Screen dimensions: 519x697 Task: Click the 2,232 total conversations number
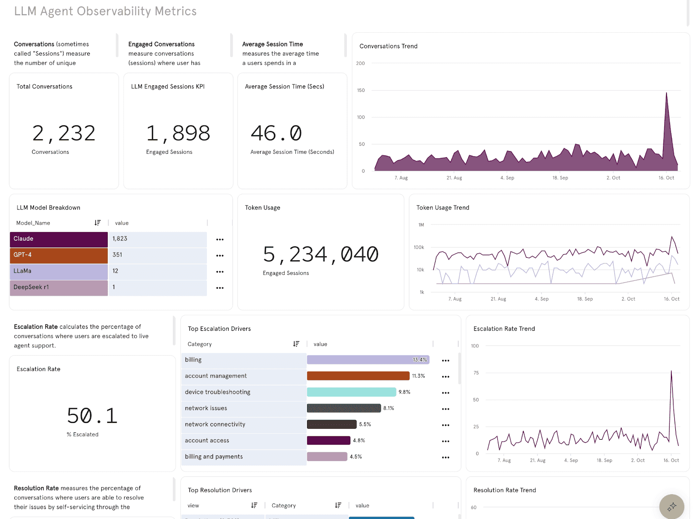coord(64,133)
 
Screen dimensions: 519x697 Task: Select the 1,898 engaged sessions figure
coord(178,133)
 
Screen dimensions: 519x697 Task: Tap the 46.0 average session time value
coord(276,133)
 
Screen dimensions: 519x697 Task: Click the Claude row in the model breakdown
coord(58,239)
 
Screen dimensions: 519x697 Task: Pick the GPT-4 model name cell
coord(58,255)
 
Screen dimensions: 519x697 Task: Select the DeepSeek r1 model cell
coord(58,287)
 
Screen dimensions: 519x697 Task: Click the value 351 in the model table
coord(118,255)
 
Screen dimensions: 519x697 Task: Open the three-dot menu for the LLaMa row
coord(220,272)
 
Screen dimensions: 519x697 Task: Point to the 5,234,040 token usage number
coord(321,254)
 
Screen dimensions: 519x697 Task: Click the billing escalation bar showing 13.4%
coord(368,360)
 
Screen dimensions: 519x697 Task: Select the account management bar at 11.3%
coord(358,376)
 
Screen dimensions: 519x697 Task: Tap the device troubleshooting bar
coord(351,392)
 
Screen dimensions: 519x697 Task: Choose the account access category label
coord(207,441)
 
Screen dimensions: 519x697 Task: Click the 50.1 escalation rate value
coord(92,416)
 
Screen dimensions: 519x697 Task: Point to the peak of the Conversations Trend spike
coord(666,93)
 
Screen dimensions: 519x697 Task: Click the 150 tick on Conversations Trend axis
coord(361,91)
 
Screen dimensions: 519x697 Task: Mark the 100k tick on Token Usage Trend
coord(419,247)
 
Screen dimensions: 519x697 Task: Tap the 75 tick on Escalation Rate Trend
coord(476,373)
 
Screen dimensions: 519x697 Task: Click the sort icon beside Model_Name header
coord(98,223)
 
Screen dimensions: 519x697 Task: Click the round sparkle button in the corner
coord(672,506)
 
